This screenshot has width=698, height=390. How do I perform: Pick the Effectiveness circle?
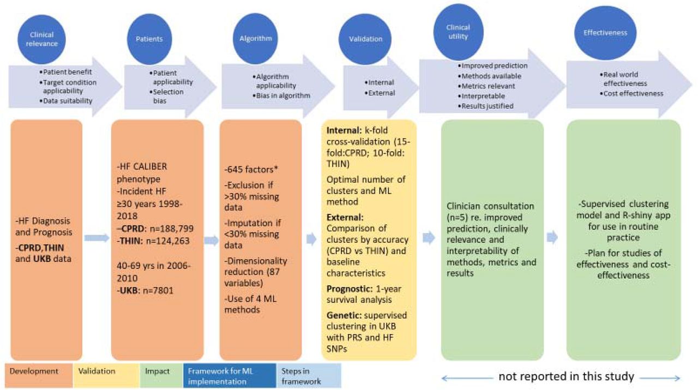point(609,33)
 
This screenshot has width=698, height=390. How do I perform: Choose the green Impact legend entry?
point(157,371)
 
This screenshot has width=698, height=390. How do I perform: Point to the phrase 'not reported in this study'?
point(565,376)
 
